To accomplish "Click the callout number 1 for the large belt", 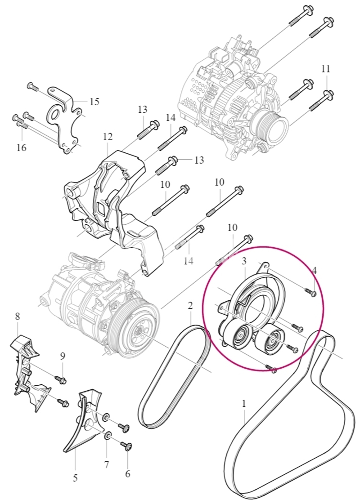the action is click(x=244, y=404).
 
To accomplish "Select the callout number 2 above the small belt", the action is click(x=190, y=305).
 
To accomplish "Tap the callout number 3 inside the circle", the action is click(x=244, y=261).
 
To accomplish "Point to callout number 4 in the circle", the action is click(x=314, y=271).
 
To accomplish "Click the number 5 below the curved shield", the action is click(x=75, y=478).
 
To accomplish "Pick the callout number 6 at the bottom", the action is click(x=128, y=474).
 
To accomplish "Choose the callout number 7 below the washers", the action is click(x=107, y=464).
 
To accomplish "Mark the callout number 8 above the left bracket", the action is click(x=18, y=317).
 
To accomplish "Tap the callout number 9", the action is click(x=63, y=356).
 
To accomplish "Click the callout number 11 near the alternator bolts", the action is click(x=326, y=69).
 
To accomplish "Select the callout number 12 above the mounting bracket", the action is click(x=108, y=137).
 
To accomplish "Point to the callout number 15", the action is click(x=94, y=102).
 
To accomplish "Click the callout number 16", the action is click(x=22, y=148).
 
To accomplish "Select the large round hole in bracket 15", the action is click(x=55, y=115).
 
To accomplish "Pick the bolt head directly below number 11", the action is click(x=329, y=94).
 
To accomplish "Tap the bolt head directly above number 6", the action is click(x=127, y=446).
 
